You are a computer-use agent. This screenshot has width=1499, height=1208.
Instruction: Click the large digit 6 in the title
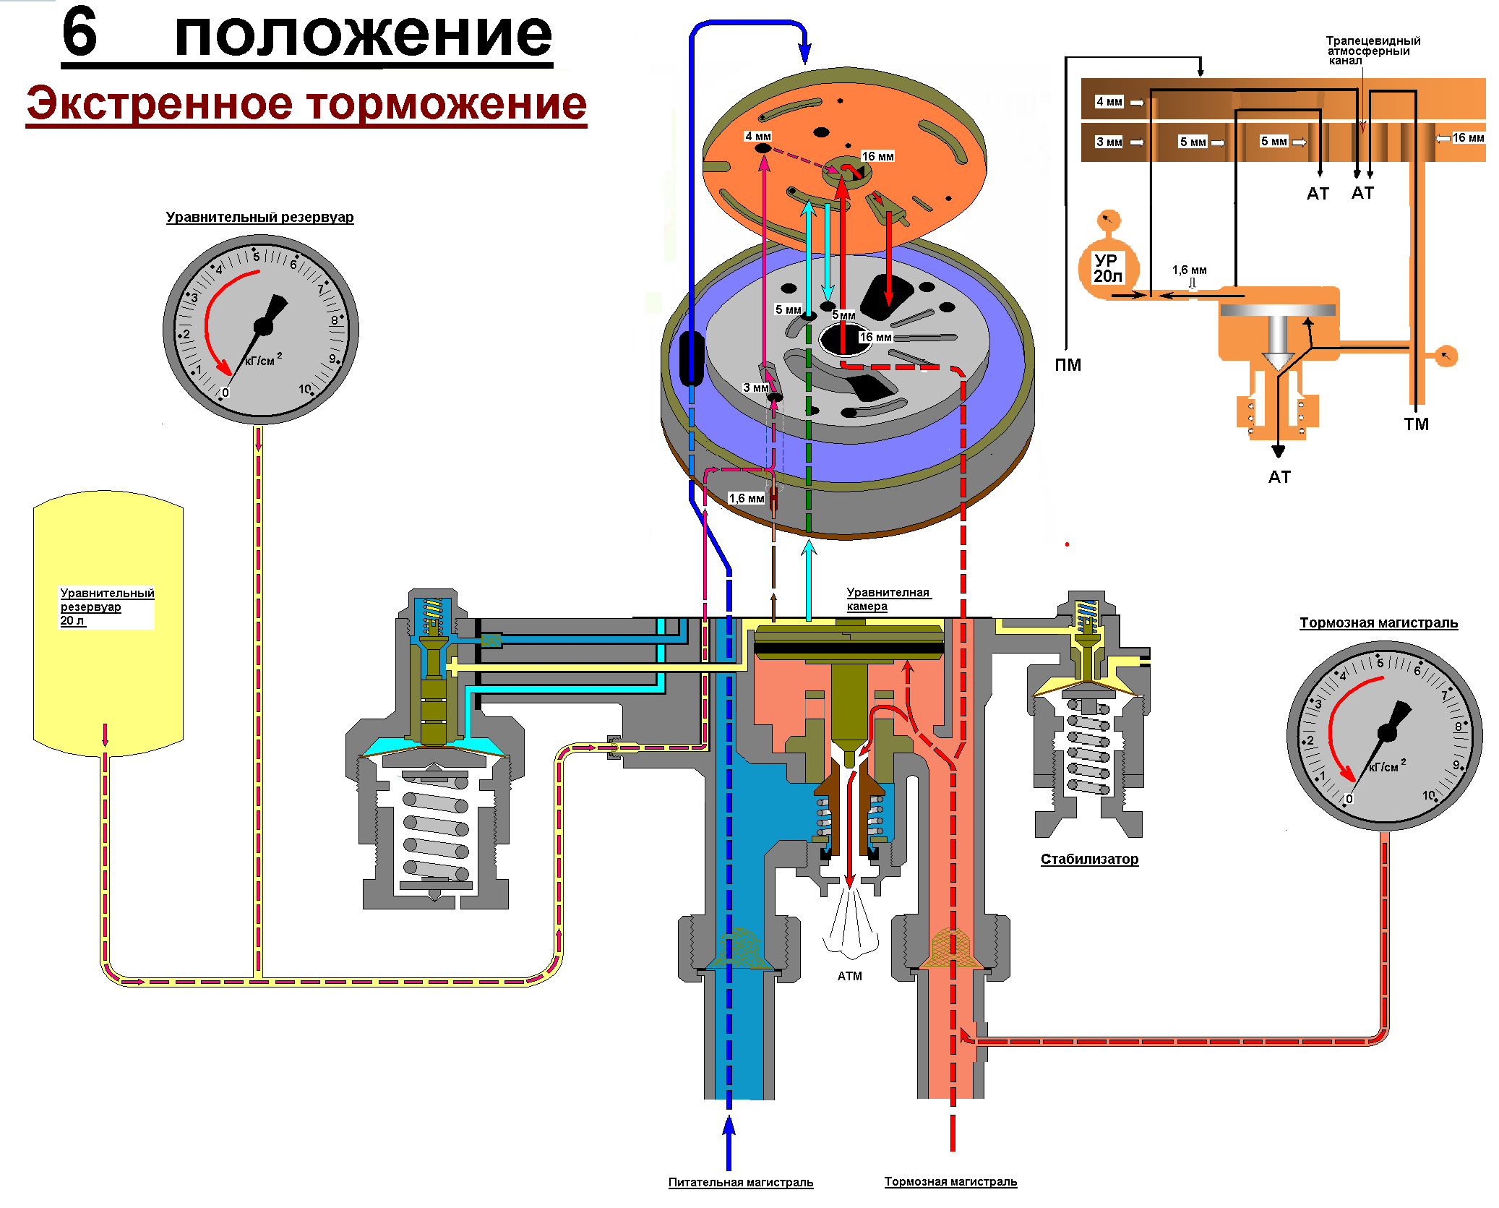(x=80, y=32)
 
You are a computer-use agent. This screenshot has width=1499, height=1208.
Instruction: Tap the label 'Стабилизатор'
(x=1089, y=859)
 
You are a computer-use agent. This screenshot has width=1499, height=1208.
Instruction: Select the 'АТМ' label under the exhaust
(x=850, y=976)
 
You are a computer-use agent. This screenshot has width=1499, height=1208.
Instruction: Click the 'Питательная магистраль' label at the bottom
(x=741, y=1182)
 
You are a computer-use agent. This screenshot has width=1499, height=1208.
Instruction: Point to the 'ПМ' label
(x=1068, y=365)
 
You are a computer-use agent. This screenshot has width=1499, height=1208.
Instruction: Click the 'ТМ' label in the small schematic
(x=1417, y=424)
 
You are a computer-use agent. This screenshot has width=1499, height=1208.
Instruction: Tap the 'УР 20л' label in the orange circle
(x=1107, y=268)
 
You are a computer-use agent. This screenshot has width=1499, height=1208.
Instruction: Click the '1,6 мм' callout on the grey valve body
(x=746, y=499)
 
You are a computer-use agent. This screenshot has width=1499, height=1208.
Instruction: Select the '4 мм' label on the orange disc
(x=757, y=137)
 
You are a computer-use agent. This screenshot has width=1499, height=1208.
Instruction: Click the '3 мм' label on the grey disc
(x=756, y=388)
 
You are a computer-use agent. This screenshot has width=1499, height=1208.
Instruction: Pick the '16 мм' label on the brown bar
(x=1469, y=138)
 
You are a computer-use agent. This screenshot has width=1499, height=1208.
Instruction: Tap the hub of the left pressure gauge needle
(x=263, y=327)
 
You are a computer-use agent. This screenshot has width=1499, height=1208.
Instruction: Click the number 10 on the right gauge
(x=1428, y=795)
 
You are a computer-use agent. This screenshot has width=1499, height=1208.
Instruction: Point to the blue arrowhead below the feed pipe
(x=729, y=1128)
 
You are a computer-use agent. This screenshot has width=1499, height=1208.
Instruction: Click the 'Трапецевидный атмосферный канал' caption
(x=1373, y=51)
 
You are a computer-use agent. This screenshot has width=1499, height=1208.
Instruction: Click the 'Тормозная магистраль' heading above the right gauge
(x=1378, y=623)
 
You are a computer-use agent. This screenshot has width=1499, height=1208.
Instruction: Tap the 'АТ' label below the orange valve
(x=1279, y=477)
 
